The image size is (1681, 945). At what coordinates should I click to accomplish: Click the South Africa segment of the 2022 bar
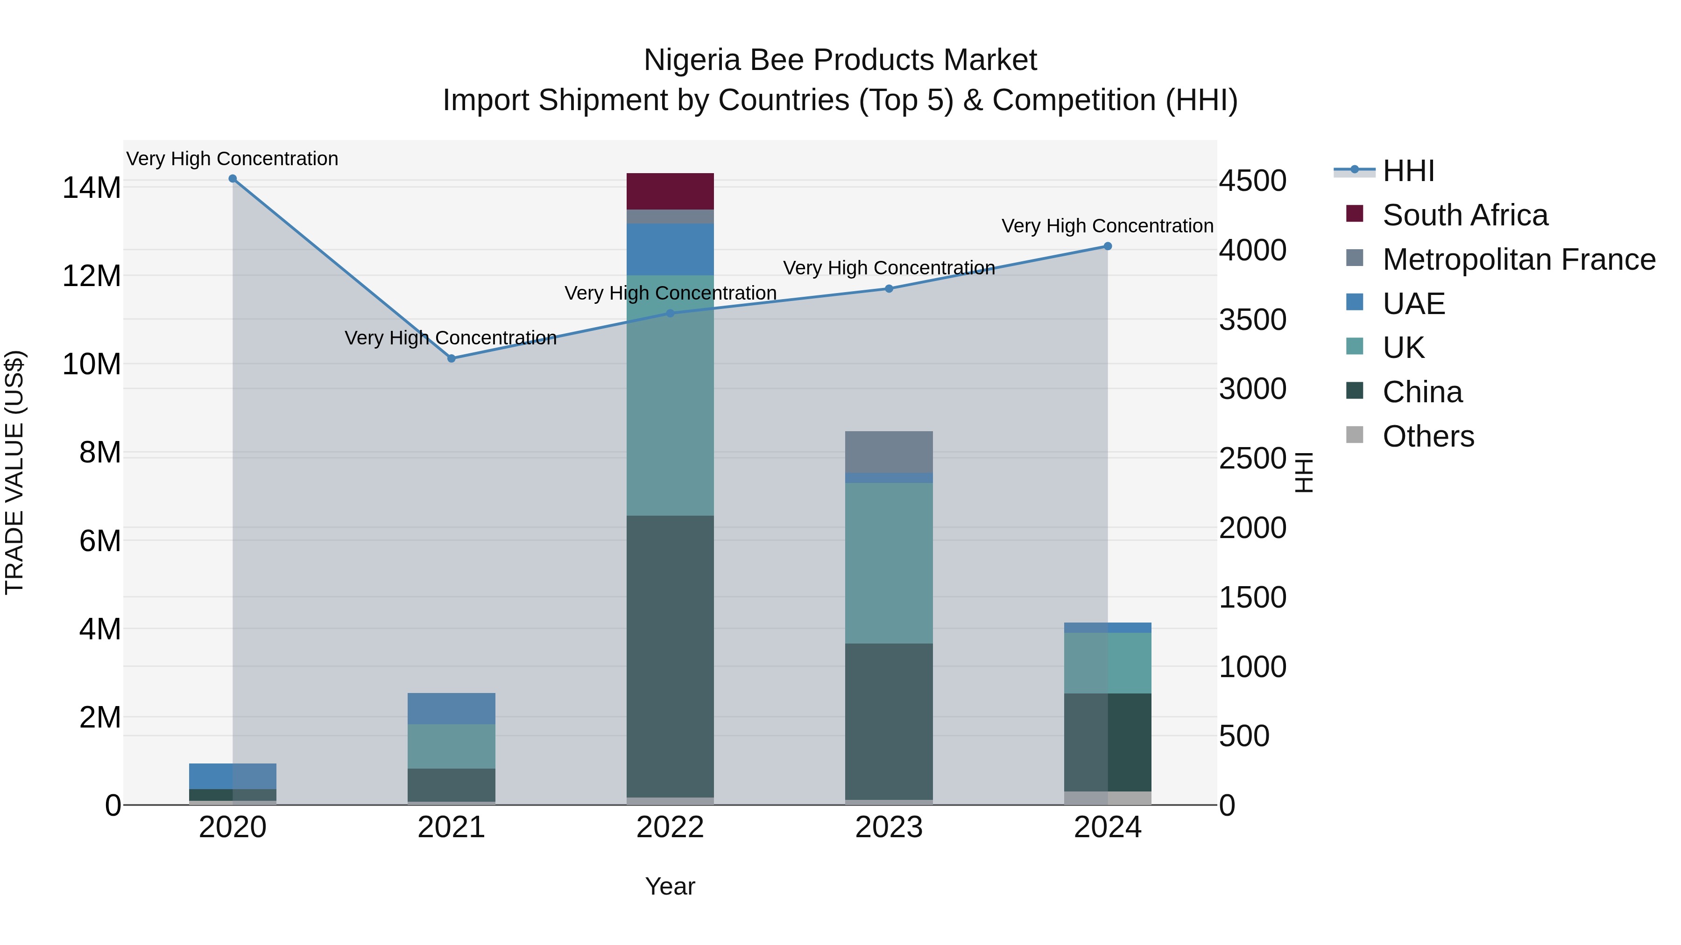point(670,191)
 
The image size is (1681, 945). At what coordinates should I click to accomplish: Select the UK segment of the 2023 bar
point(888,563)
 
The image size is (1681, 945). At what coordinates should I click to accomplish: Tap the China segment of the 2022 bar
point(670,656)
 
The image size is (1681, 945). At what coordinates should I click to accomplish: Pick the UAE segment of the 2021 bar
point(451,708)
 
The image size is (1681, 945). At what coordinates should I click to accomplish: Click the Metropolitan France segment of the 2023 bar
point(888,451)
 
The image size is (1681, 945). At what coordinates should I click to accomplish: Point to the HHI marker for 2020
point(233,179)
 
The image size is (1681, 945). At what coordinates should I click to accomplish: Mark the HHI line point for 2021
point(451,358)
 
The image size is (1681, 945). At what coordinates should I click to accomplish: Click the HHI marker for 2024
point(1108,246)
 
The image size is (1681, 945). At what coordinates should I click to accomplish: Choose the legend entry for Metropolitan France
point(1518,259)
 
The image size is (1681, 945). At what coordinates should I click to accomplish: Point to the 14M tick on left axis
point(92,188)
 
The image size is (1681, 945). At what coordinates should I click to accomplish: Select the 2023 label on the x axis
point(888,827)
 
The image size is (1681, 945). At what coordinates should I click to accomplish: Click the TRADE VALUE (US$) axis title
point(14,472)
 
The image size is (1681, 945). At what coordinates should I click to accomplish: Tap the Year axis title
point(670,886)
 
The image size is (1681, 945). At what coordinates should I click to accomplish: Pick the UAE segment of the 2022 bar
point(670,249)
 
